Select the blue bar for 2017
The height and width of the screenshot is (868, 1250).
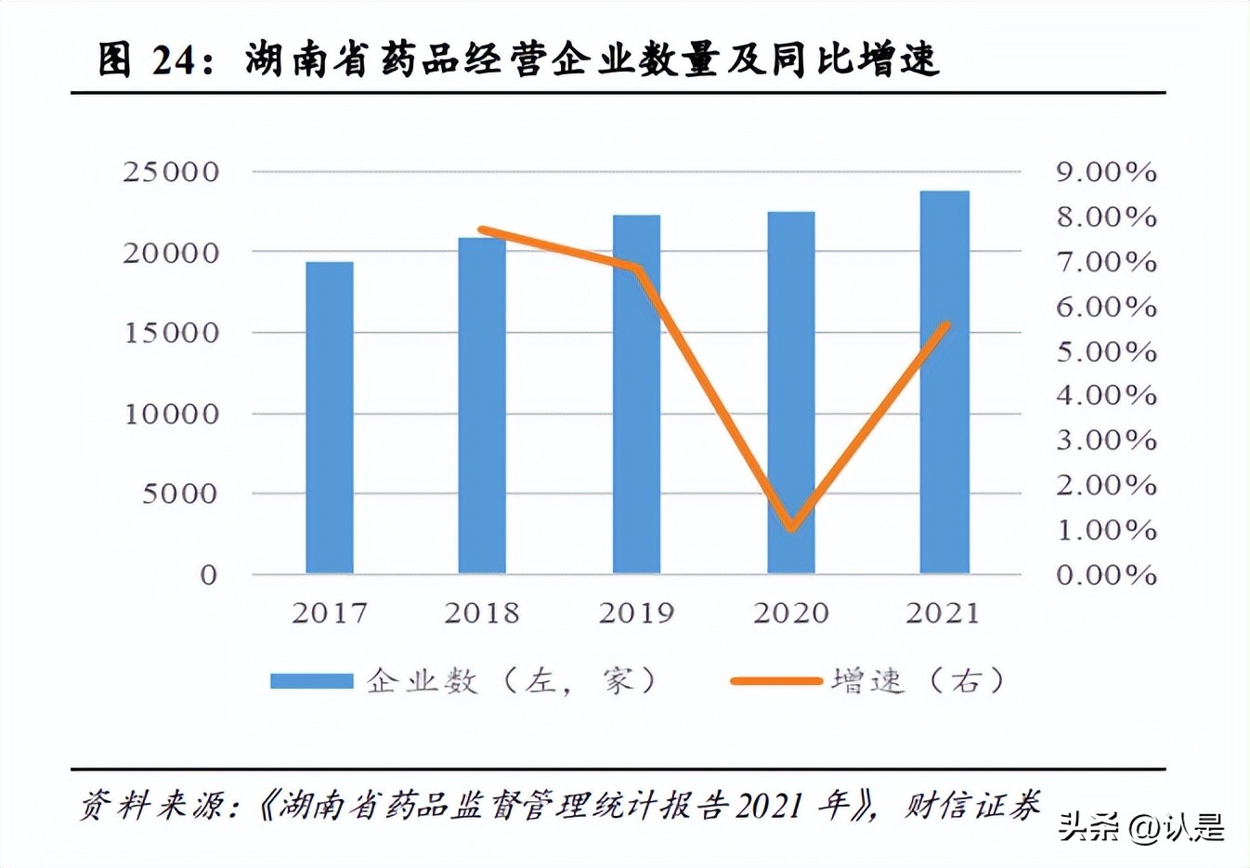click(330, 417)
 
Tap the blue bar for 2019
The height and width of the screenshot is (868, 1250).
click(636, 394)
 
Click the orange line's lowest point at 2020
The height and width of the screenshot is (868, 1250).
click(791, 528)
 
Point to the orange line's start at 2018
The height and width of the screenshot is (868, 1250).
click(482, 230)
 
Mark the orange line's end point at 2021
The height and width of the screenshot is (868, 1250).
click(946, 324)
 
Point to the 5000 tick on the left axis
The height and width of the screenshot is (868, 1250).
click(179, 493)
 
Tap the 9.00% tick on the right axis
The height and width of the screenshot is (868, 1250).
click(1106, 172)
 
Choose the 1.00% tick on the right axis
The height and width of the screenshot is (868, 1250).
click(1106, 530)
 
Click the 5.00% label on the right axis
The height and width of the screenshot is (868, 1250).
click(1106, 351)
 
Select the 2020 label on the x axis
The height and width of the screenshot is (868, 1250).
click(790, 613)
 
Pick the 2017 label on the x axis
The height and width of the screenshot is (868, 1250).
click(330, 613)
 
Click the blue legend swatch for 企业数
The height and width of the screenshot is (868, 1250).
click(311, 681)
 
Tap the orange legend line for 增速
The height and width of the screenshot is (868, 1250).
click(775, 681)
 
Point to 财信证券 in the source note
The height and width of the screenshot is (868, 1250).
click(972, 805)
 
